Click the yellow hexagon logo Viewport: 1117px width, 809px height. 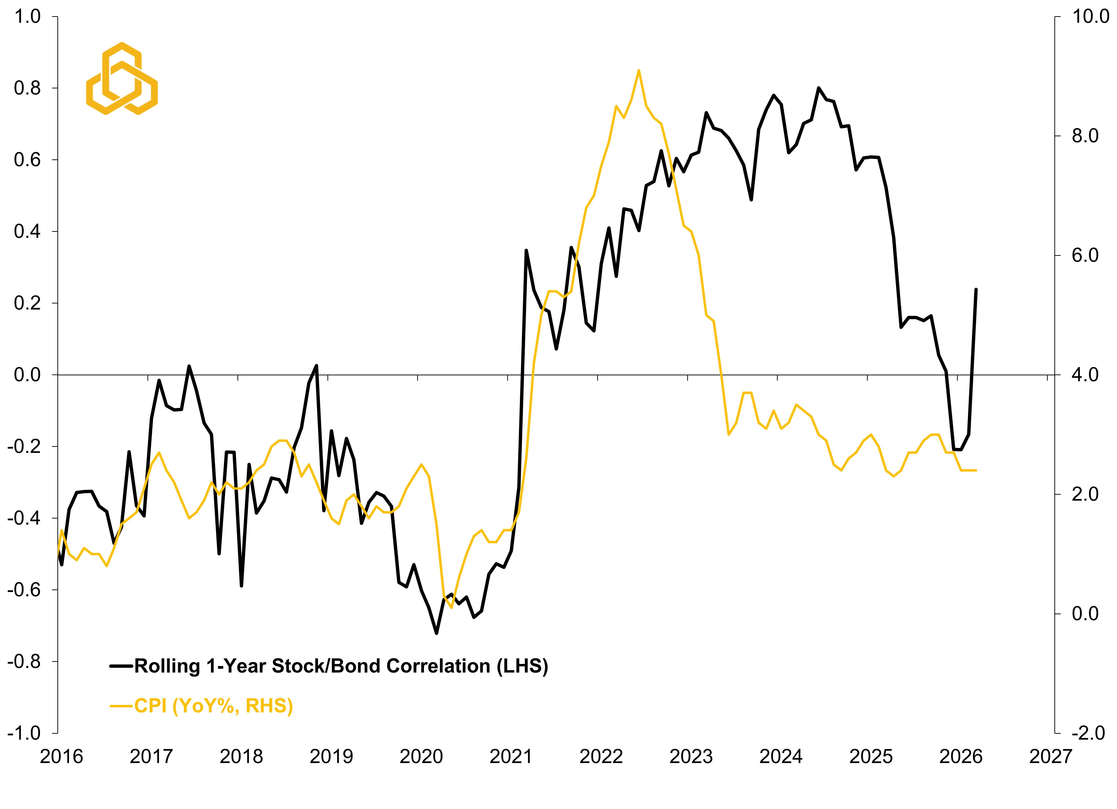122,79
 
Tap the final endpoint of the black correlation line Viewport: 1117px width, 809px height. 976,290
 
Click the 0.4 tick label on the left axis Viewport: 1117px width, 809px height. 28,231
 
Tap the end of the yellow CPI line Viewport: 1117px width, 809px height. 976,470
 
